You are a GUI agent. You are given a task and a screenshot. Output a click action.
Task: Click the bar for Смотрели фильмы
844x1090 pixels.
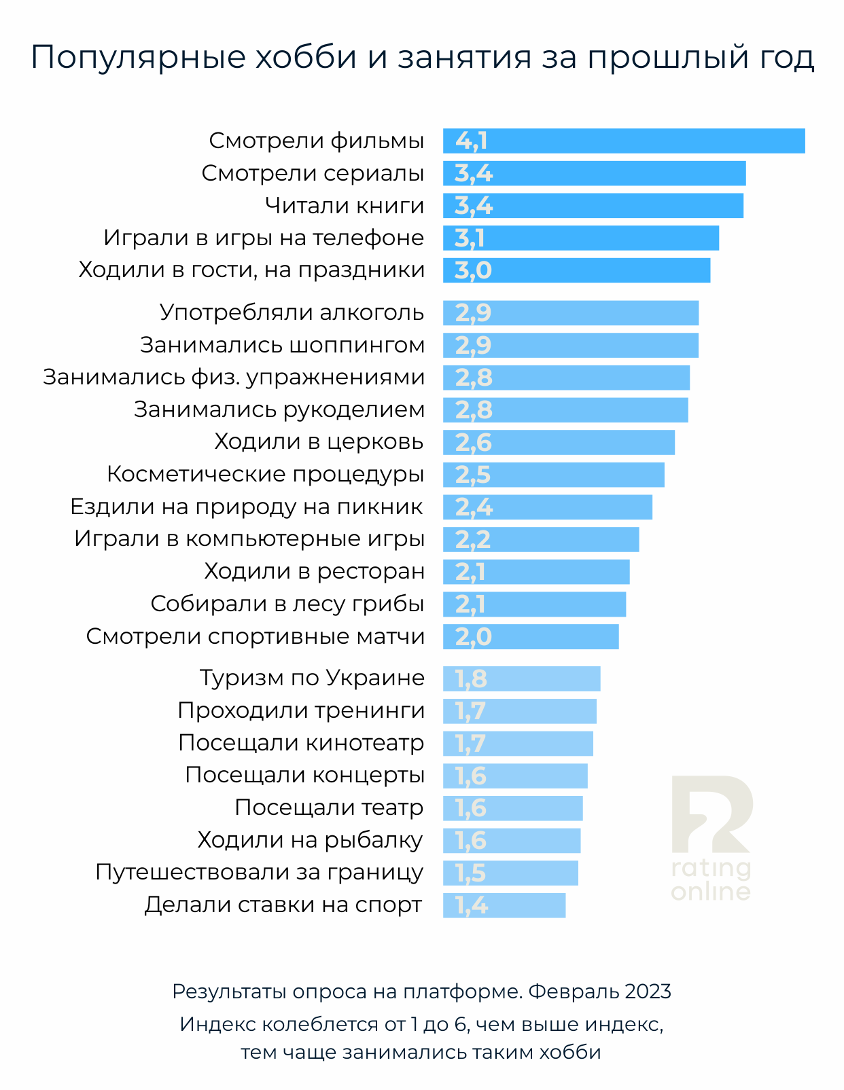[x=624, y=141]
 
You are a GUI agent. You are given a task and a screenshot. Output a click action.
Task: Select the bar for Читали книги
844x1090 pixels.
[x=593, y=206]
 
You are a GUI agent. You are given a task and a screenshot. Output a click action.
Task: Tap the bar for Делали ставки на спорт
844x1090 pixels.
[x=504, y=905]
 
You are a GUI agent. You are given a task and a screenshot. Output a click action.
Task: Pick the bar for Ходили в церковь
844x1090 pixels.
[x=559, y=442]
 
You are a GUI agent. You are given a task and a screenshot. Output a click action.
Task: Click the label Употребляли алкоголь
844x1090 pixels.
[x=292, y=312]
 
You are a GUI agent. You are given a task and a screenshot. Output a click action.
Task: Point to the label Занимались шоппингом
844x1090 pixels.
[x=282, y=345]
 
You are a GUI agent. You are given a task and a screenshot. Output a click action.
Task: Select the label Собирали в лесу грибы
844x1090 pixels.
[x=287, y=604]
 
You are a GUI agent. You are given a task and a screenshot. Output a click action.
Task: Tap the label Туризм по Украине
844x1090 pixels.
[x=312, y=678]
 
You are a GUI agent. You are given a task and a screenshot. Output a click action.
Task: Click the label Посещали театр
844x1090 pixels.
[x=329, y=807]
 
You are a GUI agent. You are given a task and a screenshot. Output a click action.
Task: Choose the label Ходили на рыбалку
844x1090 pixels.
[x=310, y=840]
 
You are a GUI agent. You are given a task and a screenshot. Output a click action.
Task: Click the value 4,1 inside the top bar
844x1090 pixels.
[x=471, y=141]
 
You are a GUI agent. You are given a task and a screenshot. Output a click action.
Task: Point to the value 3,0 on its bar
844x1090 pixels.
[x=473, y=271]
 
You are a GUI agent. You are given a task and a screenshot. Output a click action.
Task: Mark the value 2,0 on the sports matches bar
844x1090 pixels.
[x=473, y=637]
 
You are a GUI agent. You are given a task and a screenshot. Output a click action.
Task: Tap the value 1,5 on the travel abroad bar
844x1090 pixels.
[x=470, y=873]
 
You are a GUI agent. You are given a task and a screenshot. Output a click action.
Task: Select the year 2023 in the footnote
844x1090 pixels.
[x=648, y=992]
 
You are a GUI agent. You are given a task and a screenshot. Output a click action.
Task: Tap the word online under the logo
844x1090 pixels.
[x=711, y=891]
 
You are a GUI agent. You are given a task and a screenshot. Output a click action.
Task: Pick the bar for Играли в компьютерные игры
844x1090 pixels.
[x=541, y=539]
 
